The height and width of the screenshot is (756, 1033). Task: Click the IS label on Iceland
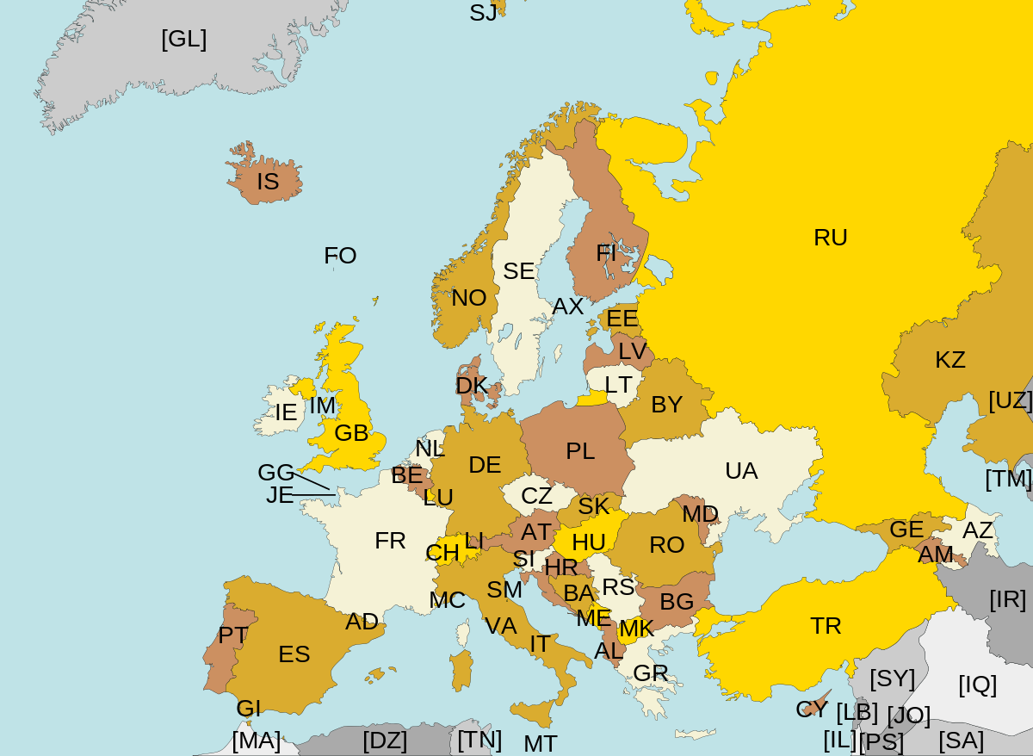pyautogui.click(x=268, y=182)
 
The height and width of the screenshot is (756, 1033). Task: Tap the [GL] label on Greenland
pyautogui.click(x=183, y=39)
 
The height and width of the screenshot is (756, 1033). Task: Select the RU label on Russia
pyautogui.click(x=831, y=238)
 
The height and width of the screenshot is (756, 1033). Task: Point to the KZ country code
pyautogui.click(x=950, y=360)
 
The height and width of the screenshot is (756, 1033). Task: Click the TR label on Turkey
pyautogui.click(x=826, y=626)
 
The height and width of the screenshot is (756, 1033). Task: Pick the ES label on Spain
pyautogui.click(x=294, y=654)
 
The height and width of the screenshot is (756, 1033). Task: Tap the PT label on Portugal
pyautogui.click(x=232, y=635)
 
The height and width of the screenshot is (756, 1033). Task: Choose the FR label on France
pyautogui.click(x=390, y=541)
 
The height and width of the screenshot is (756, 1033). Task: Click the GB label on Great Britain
pyautogui.click(x=351, y=433)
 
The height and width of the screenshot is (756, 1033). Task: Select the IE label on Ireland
pyautogui.click(x=286, y=412)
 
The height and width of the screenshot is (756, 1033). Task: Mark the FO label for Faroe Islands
pyautogui.click(x=340, y=256)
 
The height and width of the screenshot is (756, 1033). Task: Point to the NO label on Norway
pyautogui.click(x=469, y=298)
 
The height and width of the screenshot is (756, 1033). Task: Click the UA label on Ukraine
pyautogui.click(x=741, y=471)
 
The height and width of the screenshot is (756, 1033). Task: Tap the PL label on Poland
pyautogui.click(x=580, y=451)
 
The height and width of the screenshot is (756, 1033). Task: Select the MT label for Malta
pyautogui.click(x=541, y=743)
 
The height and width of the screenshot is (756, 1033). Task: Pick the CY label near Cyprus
pyautogui.click(x=812, y=710)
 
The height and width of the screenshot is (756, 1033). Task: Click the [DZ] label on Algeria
pyautogui.click(x=385, y=741)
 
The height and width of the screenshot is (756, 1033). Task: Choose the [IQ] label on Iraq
pyautogui.click(x=977, y=685)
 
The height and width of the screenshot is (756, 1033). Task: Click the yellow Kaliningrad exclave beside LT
pyautogui.click(x=592, y=399)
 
